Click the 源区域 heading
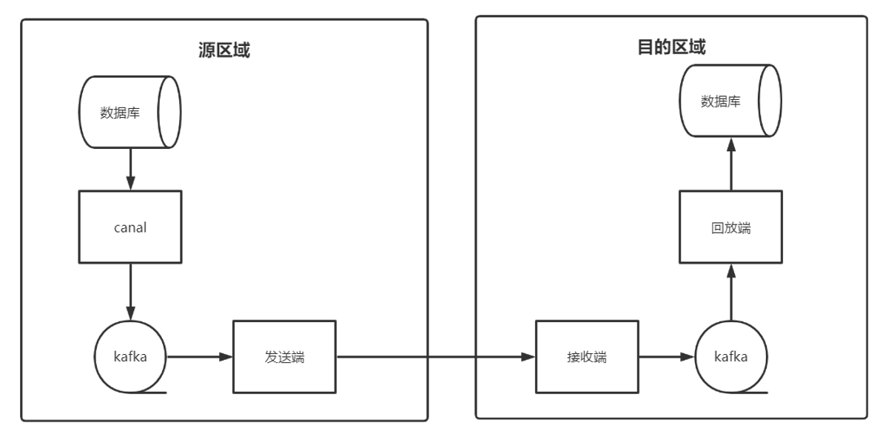(224, 50)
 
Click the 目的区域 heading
(671, 47)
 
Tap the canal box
(130, 227)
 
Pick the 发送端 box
(284, 356)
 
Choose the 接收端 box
(586, 356)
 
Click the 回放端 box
(730, 227)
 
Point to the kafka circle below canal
(130, 357)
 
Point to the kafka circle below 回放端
(730, 356)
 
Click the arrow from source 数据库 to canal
(130, 169)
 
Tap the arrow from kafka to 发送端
(200, 357)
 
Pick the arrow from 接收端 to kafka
(666, 357)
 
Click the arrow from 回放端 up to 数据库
(730, 164)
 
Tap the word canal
(130, 227)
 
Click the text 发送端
(284, 357)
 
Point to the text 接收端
(586, 357)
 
